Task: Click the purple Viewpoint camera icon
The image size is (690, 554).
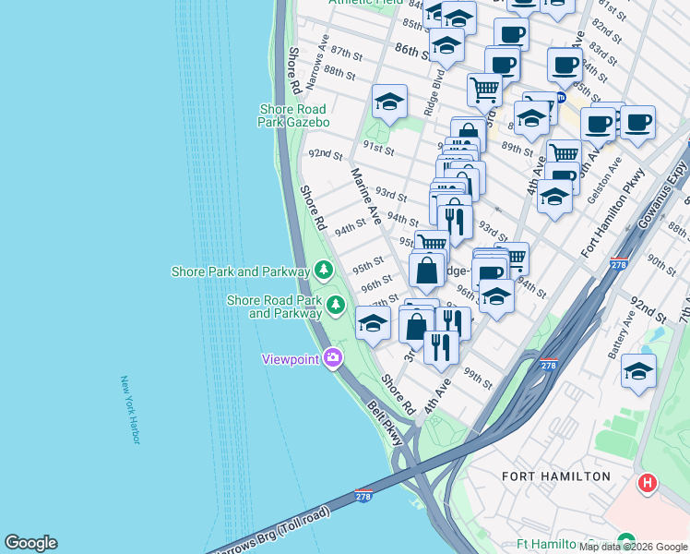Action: (332, 357)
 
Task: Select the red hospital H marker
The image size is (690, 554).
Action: (648, 482)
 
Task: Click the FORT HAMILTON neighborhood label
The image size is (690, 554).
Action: (555, 476)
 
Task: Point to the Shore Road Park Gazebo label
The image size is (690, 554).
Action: (294, 114)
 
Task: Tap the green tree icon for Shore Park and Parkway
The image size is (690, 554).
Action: (323, 271)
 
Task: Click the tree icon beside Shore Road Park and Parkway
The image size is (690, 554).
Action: (336, 304)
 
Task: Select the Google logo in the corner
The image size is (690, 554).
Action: (30, 543)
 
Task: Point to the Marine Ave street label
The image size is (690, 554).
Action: (365, 195)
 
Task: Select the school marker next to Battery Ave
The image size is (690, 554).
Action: (638, 371)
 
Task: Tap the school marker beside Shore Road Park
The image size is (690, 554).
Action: (373, 323)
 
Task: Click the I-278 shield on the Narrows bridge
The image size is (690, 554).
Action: (363, 497)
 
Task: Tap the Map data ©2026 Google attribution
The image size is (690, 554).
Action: (633, 547)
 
